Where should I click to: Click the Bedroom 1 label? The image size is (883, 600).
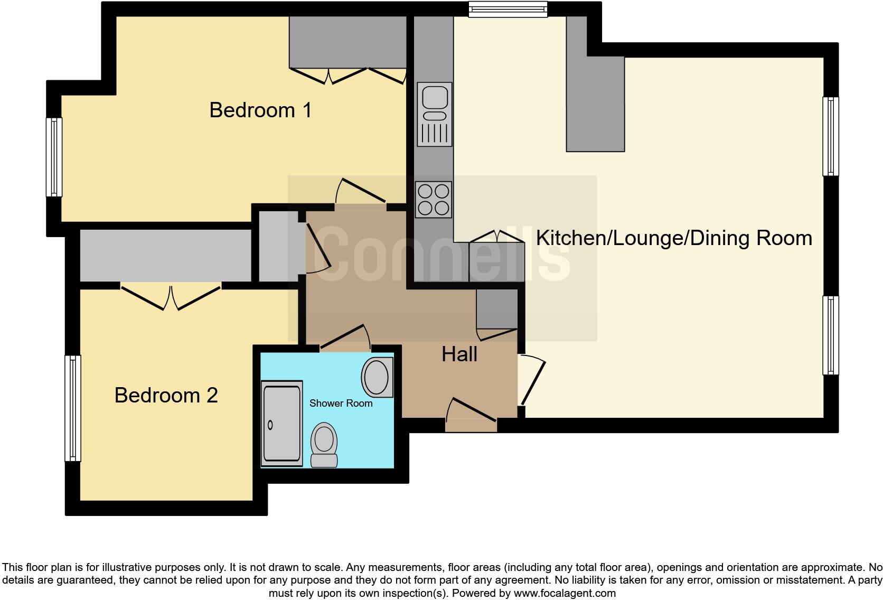click(x=260, y=110)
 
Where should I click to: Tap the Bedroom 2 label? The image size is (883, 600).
click(x=166, y=395)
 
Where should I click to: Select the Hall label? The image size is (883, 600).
click(x=459, y=354)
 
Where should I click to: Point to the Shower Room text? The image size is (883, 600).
click(x=341, y=404)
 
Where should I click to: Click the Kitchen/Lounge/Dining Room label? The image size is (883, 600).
click(x=674, y=238)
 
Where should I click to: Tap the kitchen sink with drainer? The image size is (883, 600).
click(x=435, y=114)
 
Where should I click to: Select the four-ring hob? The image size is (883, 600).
click(x=434, y=199)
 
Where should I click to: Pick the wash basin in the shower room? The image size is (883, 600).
click(x=377, y=377)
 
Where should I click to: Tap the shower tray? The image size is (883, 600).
click(x=282, y=424)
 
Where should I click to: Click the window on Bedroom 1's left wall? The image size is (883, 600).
click(x=54, y=157)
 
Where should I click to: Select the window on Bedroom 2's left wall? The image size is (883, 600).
click(x=73, y=408)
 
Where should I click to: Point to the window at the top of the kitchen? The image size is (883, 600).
click(x=508, y=10)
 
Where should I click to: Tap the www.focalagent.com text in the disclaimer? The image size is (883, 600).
click(x=564, y=593)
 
